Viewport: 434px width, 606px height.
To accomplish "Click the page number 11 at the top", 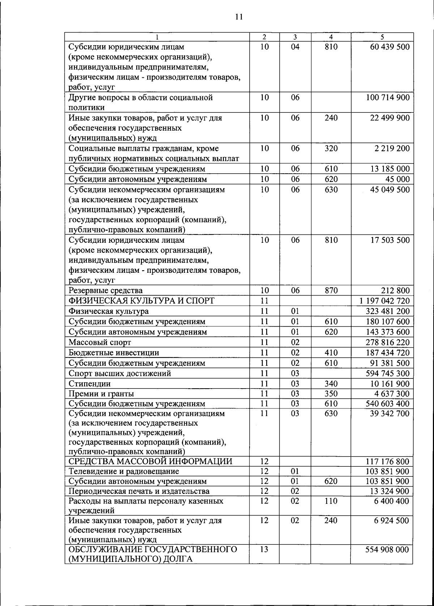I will point(238,17).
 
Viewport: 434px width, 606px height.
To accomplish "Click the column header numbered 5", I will point(382,37).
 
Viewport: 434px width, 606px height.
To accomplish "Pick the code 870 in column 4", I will point(331,291).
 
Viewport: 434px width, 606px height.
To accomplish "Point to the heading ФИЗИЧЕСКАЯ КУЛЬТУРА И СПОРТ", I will point(141,301).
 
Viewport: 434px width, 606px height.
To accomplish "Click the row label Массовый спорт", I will point(100,342).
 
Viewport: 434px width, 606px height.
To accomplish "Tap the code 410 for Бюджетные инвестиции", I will point(331,353).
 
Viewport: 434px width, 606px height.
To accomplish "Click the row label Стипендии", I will point(90,384).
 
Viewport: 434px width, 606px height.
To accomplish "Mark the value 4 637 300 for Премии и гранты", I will point(392,394).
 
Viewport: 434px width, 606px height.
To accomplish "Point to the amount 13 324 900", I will point(390,491).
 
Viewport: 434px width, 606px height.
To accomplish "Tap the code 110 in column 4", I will point(331,501).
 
